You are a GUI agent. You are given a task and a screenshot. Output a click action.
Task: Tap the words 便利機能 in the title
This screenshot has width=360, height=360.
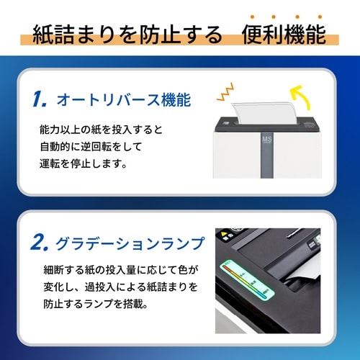284,34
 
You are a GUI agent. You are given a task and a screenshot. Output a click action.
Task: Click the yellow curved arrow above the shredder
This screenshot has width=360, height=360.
300,94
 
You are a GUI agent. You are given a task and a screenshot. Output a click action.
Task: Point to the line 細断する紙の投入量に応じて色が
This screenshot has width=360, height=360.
119,272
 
